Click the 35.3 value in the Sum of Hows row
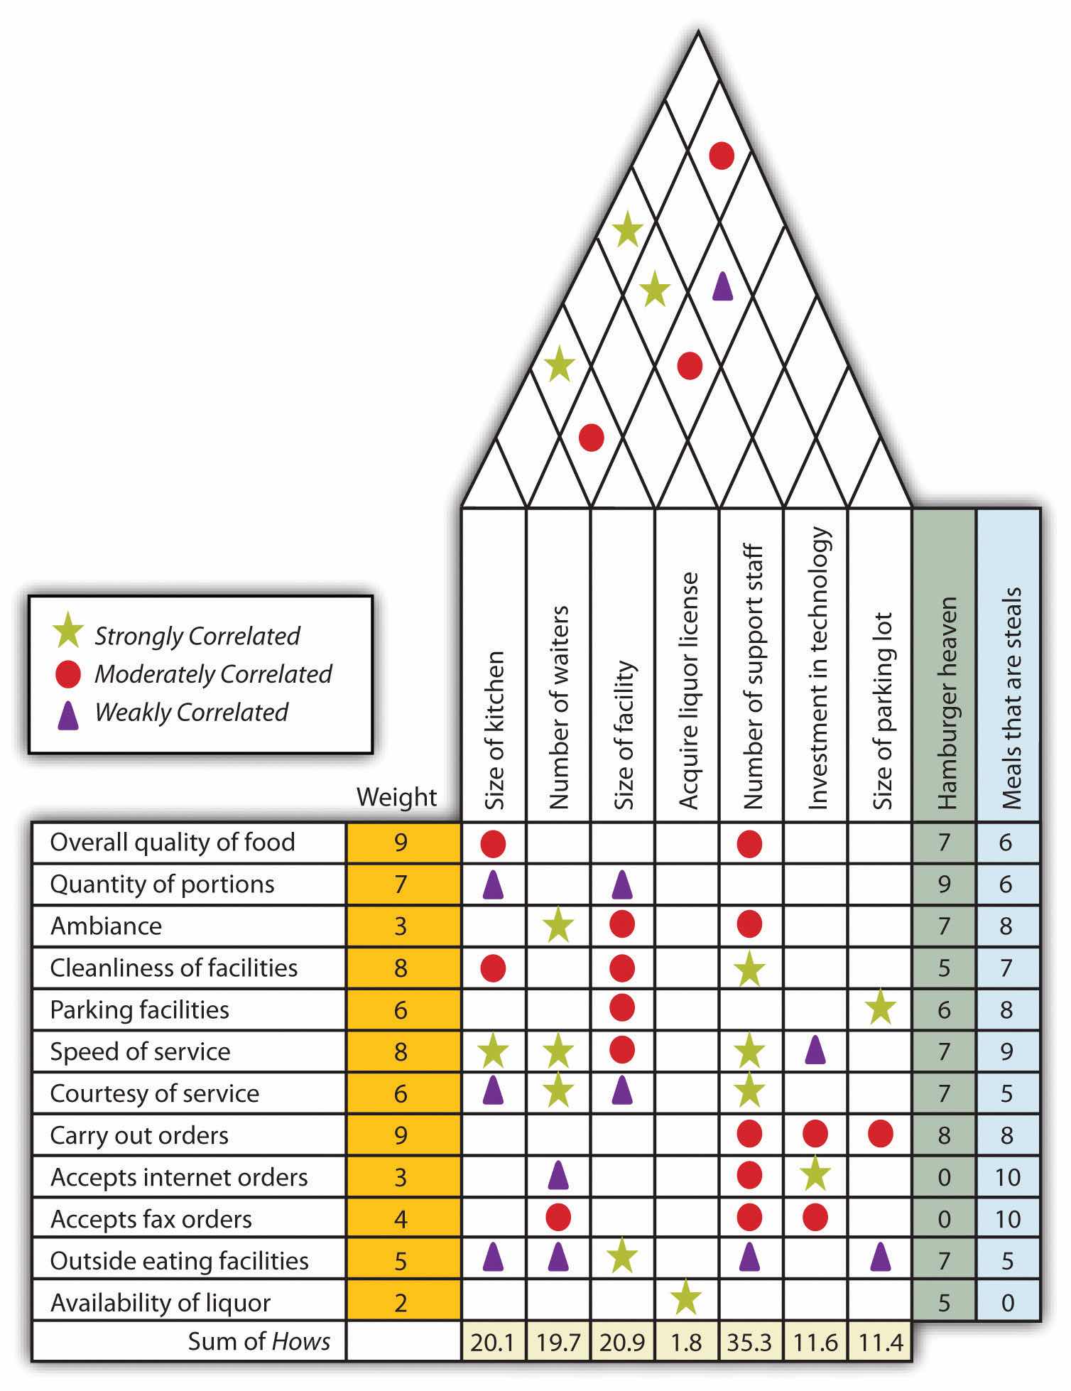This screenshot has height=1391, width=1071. click(x=750, y=1342)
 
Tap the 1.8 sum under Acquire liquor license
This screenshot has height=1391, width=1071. click(x=686, y=1342)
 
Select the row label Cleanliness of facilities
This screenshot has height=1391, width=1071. click(x=173, y=968)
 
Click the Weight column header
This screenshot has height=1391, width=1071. click(x=396, y=797)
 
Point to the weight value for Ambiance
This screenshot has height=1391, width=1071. click(x=401, y=926)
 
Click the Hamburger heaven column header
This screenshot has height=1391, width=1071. click(x=945, y=703)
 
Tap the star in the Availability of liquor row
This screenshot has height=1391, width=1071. click(x=686, y=1297)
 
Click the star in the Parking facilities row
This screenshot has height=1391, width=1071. click(x=881, y=1007)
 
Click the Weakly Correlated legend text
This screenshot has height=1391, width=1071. click(x=192, y=712)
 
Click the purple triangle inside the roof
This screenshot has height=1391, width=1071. click(x=722, y=286)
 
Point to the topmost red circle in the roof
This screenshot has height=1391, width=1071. click(x=722, y=156)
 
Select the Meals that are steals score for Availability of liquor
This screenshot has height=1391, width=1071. click(x=1007, y=1302)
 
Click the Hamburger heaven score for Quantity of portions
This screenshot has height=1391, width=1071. click(x=944, y=884)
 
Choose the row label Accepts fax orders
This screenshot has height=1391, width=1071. click(x=151, y=1219)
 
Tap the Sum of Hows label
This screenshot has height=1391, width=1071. click(x=259, y=1341)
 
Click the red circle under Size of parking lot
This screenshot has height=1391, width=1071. click(x=881, y=1135)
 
